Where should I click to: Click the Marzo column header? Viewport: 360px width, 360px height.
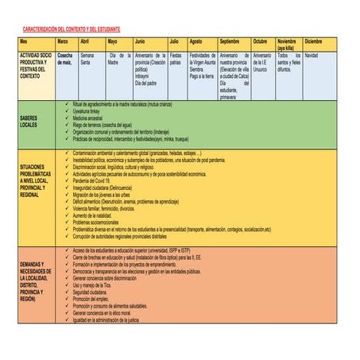pos(63,41)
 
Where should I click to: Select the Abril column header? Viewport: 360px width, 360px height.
pos(86,41)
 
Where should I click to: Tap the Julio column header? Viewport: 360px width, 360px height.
pos(174,41)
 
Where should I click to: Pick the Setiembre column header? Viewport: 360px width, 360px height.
pos(230,41)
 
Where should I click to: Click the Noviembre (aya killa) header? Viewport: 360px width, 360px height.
pos(287,44)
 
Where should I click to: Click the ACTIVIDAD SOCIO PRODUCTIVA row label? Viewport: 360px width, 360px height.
pos(35,65)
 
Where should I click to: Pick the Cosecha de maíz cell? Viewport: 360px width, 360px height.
pos(65,59)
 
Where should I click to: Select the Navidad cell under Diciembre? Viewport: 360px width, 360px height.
pos(311,56)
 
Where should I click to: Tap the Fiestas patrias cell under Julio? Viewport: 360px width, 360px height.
pos(176,59)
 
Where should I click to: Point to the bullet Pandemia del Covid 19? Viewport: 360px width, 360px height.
pos(96,180)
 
